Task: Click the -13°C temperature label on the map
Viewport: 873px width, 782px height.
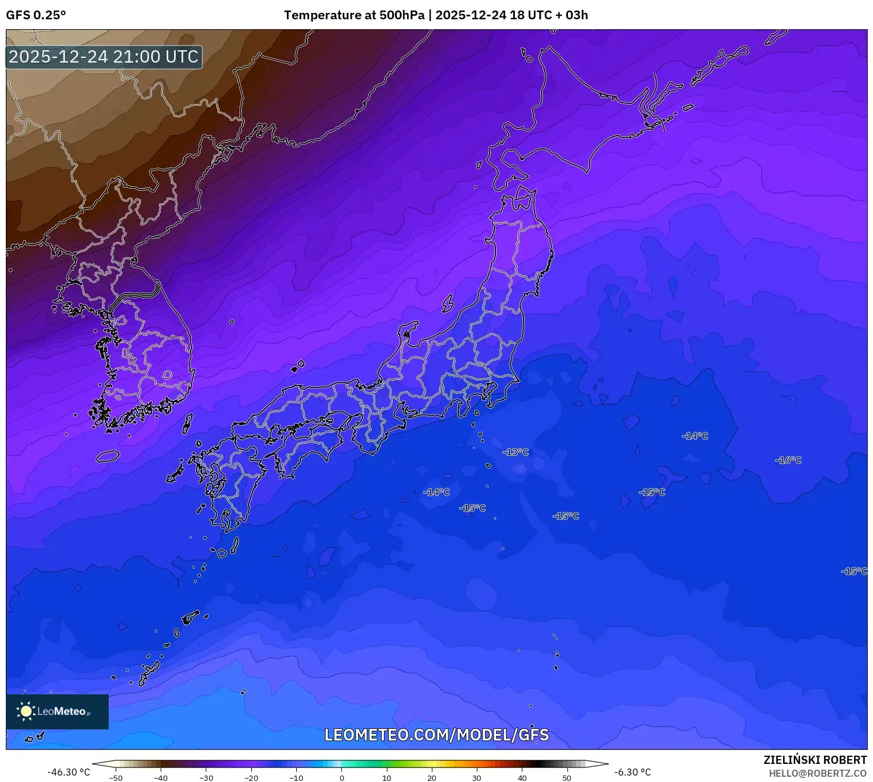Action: click(515, 452)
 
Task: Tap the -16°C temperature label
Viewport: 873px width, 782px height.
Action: click(788, 460)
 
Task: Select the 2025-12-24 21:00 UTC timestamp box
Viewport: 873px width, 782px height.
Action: click(104, 57)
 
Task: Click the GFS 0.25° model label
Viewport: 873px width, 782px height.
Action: click(36, 15)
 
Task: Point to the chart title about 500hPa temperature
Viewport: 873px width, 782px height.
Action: click(436, 15)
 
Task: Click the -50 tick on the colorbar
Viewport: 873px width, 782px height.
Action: click(116, 777)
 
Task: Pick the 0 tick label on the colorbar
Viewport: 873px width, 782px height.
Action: click(342, 777)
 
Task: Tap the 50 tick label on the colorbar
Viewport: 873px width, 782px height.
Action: click(567, 777)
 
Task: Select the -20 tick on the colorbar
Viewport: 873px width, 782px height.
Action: click(251, 777)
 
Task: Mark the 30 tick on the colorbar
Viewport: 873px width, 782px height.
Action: click(477, 777)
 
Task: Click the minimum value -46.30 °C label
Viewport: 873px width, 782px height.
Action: click(69, 772)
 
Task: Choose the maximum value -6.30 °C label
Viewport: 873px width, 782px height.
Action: click(632, 772)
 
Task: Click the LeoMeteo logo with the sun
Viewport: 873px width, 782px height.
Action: click(57, 711)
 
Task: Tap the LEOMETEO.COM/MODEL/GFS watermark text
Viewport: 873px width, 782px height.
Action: click(437, 735)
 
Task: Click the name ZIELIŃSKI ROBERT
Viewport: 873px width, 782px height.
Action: click(815, 760)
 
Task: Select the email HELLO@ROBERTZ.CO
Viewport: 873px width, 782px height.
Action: click(817, 773)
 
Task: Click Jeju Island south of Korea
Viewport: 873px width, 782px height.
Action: click(108, 456)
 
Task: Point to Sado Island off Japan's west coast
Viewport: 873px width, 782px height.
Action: click(448, 303)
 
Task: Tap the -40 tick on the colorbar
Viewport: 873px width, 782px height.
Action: click(161, 777)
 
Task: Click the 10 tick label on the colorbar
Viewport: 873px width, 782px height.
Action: click(387, 777)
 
